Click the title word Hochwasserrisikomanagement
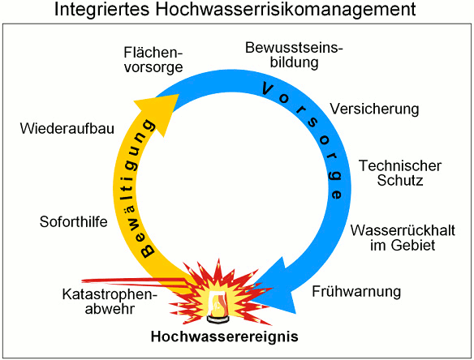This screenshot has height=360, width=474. point(286,10)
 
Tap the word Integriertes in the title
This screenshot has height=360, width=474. point(102,10)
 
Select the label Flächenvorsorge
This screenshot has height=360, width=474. point(153,60)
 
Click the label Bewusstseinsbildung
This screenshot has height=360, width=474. point(294,55)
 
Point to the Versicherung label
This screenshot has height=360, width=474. point(374,109)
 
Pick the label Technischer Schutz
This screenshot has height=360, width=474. point(400,173)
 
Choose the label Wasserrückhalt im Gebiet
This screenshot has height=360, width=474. point(403,238)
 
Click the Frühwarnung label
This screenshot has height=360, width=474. point(356,292)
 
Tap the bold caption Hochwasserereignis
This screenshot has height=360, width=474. point(224,336)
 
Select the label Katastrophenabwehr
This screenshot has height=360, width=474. point(110,302)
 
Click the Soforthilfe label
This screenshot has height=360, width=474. point(74,222)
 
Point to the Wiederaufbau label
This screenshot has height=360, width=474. point(67,128)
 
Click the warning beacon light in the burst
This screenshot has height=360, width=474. point(218,303)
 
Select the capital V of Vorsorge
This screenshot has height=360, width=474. point(268,89)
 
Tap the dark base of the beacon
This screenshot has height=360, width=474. point(218,319)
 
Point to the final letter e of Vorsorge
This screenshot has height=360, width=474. point(336,195)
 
